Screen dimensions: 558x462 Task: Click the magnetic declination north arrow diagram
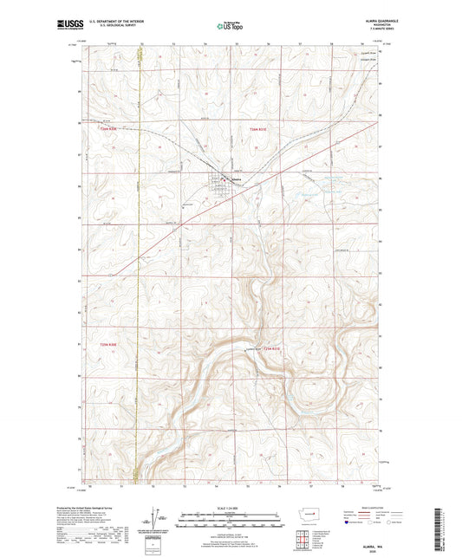coord(155,521)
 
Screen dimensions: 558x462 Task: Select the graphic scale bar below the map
coord(231,522)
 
